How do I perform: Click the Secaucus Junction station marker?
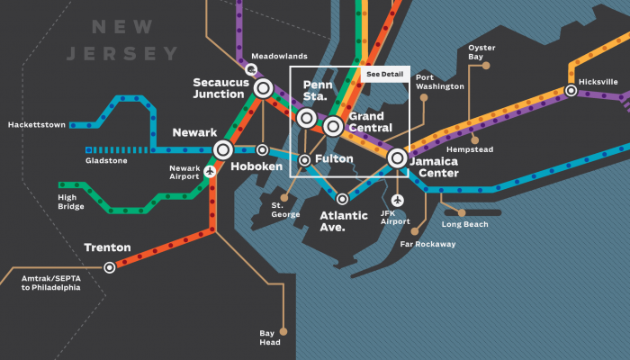(263, 88)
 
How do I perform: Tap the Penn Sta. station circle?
(306, 118)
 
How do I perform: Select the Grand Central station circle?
(333, 125)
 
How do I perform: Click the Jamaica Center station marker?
(397, 158)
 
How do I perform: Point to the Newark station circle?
(222, 149)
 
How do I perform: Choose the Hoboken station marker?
(262, 149)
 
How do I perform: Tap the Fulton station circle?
(305, 160)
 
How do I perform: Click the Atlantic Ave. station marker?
(342, 199)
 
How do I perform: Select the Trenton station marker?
(110, 266)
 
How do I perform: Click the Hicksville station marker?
(571, 91)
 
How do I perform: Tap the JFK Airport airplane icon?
(397, 199)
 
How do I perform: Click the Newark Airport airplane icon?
(210, 171)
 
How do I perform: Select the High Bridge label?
(71, 202)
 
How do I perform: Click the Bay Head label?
(270, 337)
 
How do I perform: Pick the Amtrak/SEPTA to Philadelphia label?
(50, 283)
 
